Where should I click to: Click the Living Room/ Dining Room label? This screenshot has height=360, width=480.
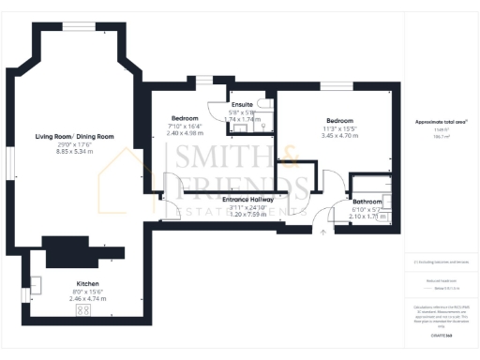(x=74, y=137)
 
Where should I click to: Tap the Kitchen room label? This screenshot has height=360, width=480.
(x=88, y=283)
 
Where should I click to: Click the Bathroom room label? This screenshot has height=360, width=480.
(x=367, y=202)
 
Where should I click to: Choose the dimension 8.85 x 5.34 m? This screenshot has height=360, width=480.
(x=74, y=152)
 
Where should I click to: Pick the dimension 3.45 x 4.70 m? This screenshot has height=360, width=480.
(x=339, y=135)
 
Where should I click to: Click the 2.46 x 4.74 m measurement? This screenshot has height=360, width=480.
(x=88, y=298)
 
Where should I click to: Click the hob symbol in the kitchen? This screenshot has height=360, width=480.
(x=82, y=308)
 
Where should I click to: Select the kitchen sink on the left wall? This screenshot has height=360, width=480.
(x=36, y=284)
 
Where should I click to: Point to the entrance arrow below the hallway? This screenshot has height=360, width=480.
(x=322, y=231)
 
